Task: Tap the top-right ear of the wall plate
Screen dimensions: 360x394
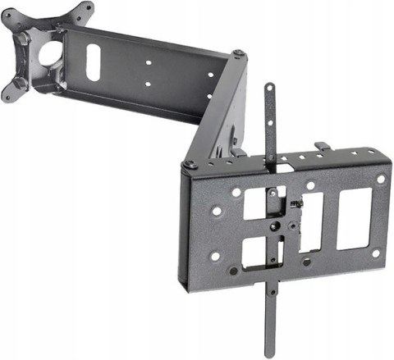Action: (80, 11)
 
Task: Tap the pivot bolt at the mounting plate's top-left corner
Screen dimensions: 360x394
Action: (190, 164)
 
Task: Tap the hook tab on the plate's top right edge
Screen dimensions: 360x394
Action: (323, 147)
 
